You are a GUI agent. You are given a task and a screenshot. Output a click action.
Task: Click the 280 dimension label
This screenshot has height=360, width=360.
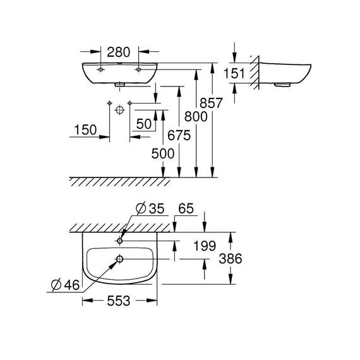pos(119,52)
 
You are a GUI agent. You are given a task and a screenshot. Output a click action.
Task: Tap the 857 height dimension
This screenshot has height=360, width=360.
pos(211,103)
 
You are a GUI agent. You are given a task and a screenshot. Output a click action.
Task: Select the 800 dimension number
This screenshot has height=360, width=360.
pos(196,116)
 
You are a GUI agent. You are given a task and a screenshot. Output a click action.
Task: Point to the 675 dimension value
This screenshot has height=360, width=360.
pos(179,135)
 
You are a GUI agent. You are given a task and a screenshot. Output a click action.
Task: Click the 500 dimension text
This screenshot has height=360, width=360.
pos(163,153)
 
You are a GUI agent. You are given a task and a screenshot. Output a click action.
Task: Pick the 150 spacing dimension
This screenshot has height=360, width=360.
pos(86,130)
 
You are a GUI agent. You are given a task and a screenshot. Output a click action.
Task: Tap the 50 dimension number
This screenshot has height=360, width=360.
pos(144,124)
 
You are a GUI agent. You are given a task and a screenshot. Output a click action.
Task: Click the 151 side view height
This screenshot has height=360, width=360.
pos(234,74)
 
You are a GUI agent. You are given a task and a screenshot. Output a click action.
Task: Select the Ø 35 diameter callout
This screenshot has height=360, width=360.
pos(150,208)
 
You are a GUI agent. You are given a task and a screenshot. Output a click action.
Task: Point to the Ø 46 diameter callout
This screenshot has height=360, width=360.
pos(66,285)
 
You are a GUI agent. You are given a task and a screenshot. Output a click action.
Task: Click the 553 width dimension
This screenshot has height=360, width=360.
pos(119,301)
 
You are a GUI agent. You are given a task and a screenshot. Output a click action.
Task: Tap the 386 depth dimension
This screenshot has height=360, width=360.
pos(231,258)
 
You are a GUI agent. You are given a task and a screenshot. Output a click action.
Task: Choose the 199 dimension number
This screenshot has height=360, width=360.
pos(205,246)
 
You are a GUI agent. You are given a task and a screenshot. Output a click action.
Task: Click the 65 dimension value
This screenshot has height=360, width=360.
pos(186,208)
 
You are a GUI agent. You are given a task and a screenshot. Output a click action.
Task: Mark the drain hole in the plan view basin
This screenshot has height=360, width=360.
pos(119,259)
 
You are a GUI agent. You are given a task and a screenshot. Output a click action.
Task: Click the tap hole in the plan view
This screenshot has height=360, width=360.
pos(119,241)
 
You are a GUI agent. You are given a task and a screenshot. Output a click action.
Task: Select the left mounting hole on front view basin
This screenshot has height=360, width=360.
pos(100,69)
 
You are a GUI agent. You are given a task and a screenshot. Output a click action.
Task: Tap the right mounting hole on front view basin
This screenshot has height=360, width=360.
pos(138,69)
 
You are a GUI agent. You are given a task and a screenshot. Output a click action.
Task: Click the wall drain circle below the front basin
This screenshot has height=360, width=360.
pos(119,110)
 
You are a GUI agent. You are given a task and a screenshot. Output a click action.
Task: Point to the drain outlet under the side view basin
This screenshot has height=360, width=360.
pos(282,85)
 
